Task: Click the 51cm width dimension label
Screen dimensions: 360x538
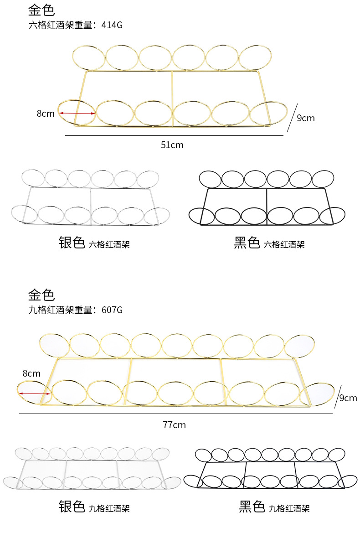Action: pyautogui.click(x=172, y=145)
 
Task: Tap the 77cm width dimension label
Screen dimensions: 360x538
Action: pyautogui.click(x=174, y=425)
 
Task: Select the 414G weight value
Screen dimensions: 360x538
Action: pyautogui.click(x=112, y=25)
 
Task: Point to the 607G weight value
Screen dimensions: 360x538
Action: pyautogui.click(x=112, y=310)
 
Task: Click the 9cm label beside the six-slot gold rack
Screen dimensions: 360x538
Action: pyautogui.click(x=305, y=118)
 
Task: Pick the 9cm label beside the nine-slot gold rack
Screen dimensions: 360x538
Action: pyautogui.click(x=348, y=398)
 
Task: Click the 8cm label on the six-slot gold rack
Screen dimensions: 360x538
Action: pyautogui.click(x=46, y=114)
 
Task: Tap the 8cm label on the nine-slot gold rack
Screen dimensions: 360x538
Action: pyautogui.click(x=31, y=373)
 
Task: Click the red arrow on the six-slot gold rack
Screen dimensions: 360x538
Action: pyautogui.click(x=77, y=114)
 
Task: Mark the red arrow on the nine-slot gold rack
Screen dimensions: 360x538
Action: pyautogui.click(x=34, y=393)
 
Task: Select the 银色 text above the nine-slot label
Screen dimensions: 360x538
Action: pyautogui.click(x=72, y=507)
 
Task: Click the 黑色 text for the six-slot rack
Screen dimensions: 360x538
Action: pyautogui.click(x=247, y=243)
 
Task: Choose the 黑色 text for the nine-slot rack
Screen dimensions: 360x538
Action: pyautogui.click(x=252, y=507)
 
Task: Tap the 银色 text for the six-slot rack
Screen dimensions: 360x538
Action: pyautogui.click(x=72, y=243)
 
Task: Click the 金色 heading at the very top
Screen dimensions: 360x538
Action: pyautogui.click(x=41, y=10)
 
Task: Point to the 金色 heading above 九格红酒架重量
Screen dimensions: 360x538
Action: pyautogui.click(x=41, y=295)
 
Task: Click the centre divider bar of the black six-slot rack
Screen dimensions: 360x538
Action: pyautogui.click(x=267, y=206)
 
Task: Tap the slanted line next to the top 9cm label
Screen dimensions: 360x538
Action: pyautogui.click(x=292, y=118)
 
